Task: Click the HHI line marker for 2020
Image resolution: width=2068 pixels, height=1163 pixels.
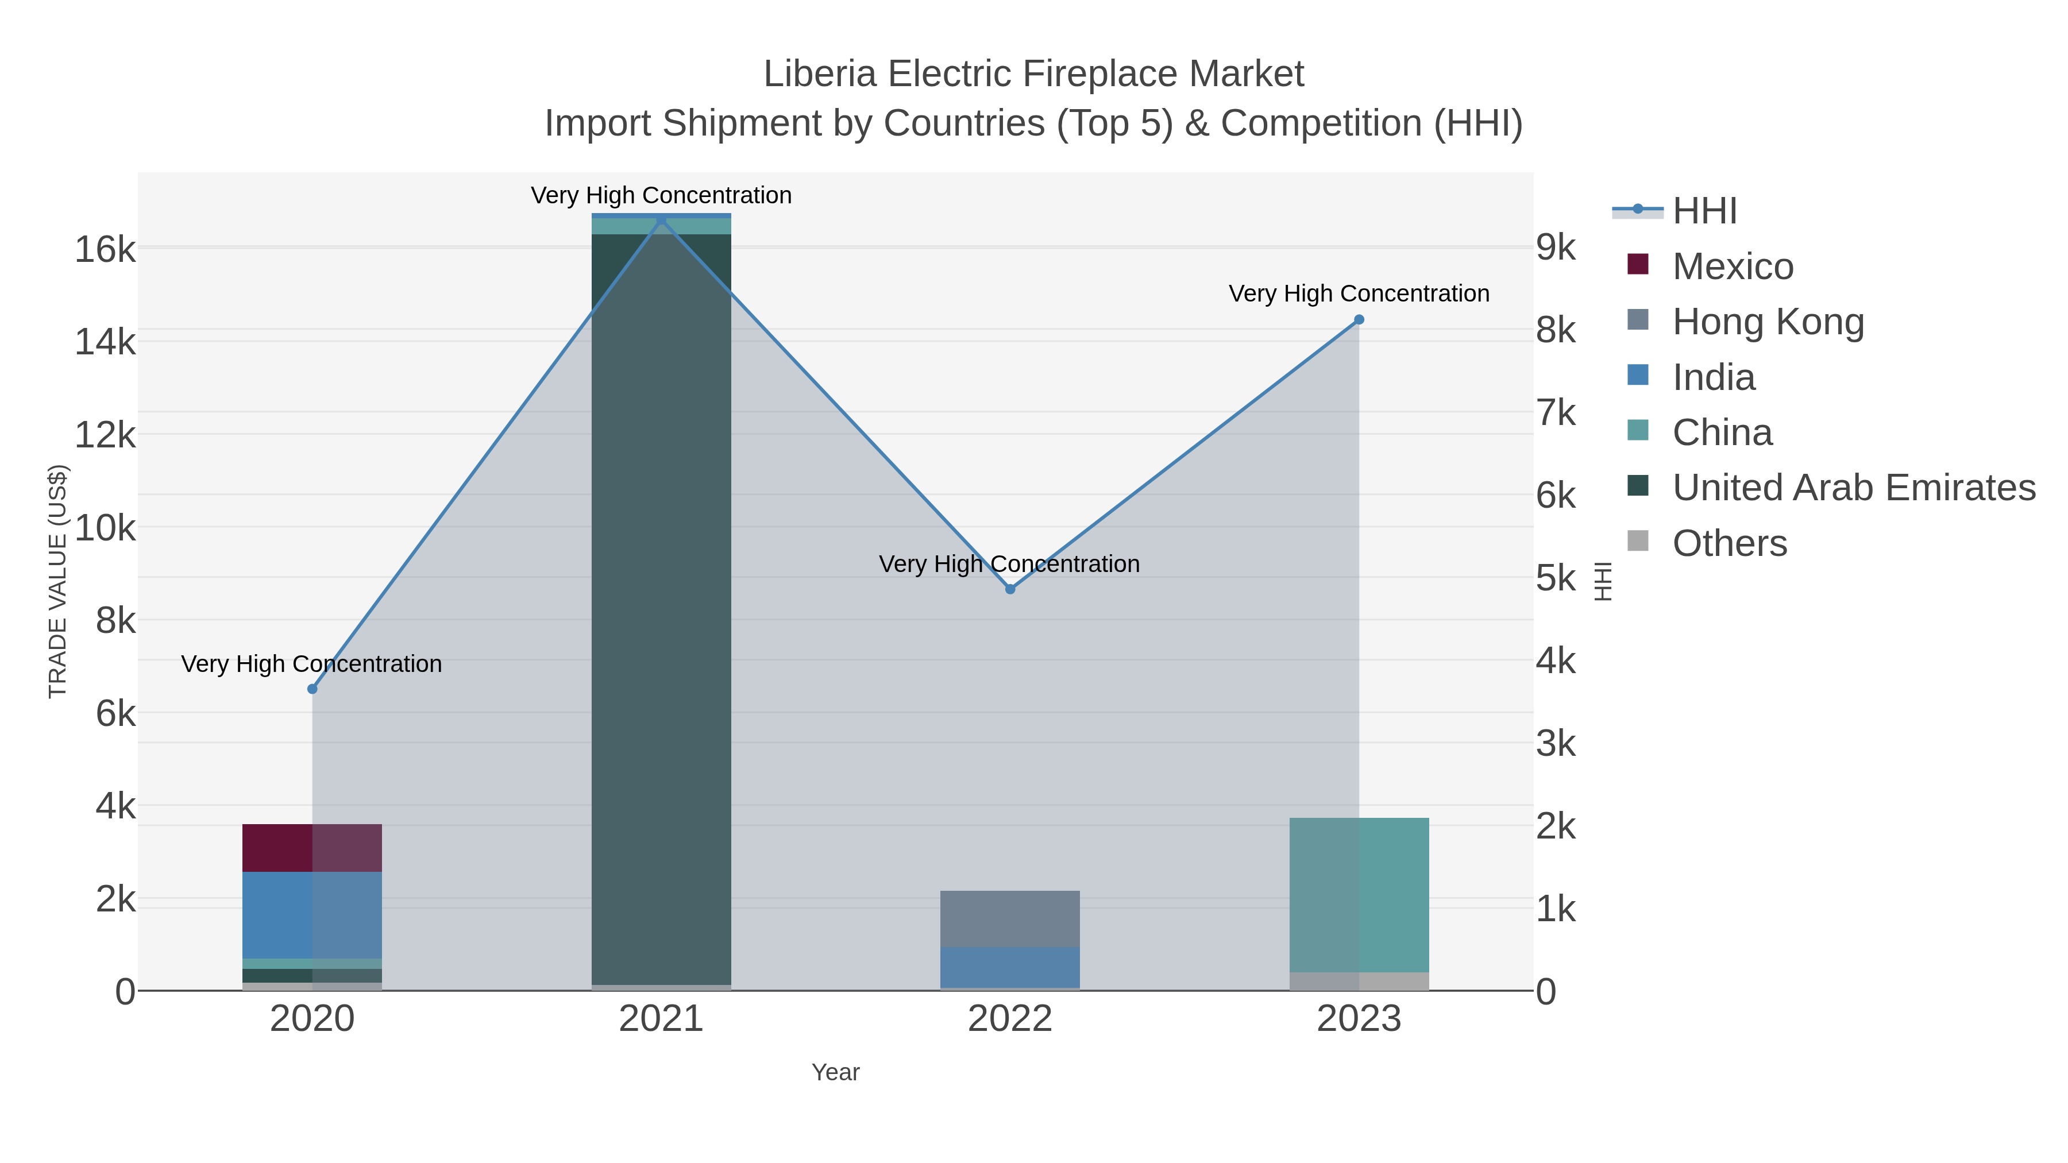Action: [x=312, y=689]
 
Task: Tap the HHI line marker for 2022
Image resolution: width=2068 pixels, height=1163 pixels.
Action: [x=1010, y=589]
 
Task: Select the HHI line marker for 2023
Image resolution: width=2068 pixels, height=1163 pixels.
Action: [x=1359, y=319]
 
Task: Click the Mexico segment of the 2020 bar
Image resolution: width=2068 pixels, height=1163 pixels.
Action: [x=312, y=848]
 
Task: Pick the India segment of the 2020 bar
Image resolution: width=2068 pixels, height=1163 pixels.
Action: [x=312, y=915]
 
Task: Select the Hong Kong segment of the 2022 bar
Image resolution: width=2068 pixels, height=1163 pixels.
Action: [x=1010, y=919]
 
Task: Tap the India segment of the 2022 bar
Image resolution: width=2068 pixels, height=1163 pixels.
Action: [x=1010, y=967]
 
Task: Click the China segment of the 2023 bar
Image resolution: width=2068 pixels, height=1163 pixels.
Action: [x=1359, y=895]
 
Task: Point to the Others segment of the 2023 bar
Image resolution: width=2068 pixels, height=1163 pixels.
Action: [x=1359, y=981]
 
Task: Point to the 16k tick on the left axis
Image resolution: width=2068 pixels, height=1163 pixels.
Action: [x=105, y=250]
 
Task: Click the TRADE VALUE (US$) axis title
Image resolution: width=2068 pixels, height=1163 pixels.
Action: [x=58, y=581]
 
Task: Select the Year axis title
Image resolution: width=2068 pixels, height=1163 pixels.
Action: [x=835, y=1072]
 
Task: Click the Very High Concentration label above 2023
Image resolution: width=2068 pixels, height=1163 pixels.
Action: [x=1359, y=293]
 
